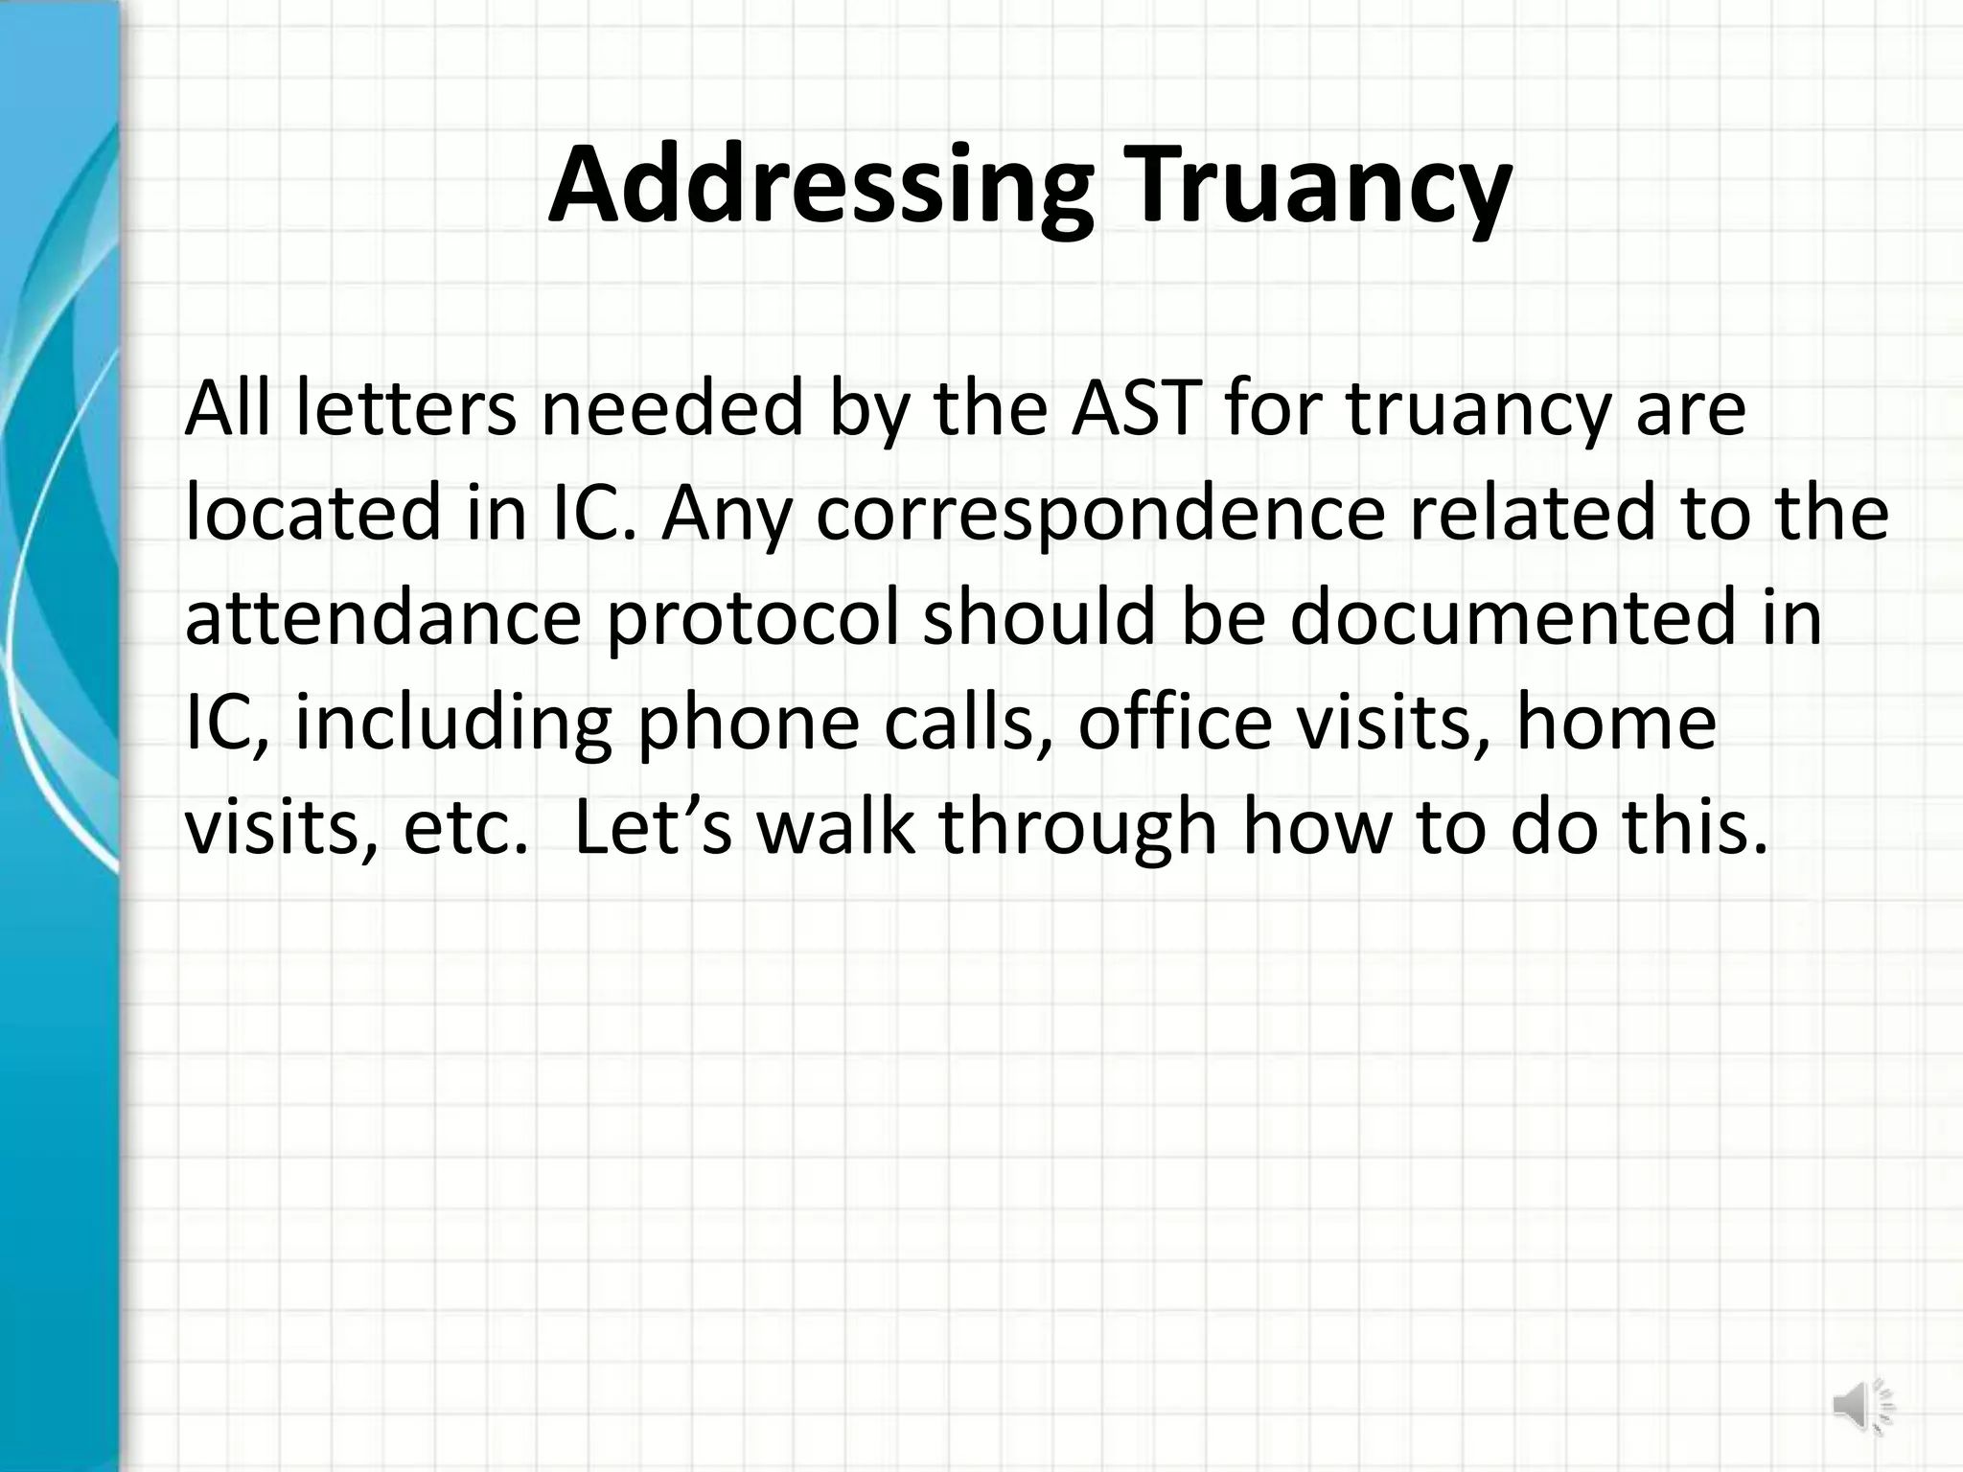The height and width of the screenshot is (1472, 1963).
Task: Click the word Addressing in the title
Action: pos(820,186)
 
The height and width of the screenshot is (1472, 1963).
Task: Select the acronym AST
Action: pos(1137,408)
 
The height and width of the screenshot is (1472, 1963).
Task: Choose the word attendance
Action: pos(382,618)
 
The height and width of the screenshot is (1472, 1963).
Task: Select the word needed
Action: pos(671,408)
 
